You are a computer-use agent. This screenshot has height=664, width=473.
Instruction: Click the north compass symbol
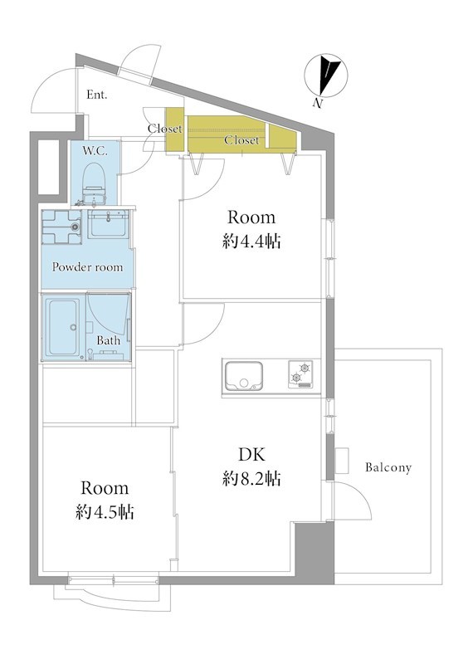325,76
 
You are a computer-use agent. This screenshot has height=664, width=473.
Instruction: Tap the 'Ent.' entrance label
96,95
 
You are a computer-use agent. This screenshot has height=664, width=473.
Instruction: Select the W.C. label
95,150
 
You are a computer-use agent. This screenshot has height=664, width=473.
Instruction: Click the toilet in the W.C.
94,185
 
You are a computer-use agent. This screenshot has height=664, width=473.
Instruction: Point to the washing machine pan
61,227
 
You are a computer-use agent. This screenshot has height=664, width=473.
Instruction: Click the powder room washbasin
109,224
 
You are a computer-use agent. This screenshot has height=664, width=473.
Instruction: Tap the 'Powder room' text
88,266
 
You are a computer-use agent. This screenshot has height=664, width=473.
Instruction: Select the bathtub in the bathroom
64,326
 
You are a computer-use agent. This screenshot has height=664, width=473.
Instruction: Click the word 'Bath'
108,340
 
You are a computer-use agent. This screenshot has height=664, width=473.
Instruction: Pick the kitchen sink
243,376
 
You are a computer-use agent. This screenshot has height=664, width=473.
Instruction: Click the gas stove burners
300,374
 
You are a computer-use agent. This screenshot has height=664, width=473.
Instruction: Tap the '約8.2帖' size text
251,479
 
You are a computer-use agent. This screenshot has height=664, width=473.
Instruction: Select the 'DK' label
251,454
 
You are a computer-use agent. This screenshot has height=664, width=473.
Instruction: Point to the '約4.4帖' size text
251,242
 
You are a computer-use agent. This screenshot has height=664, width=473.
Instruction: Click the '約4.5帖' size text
105,512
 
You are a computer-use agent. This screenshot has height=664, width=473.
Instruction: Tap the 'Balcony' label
388,467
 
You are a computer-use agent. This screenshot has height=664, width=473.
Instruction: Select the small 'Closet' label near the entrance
165,129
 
